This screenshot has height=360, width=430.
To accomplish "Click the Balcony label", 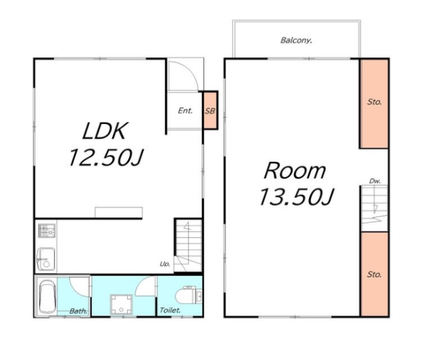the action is [296, 40].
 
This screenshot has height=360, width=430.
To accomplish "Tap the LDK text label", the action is [105, 131].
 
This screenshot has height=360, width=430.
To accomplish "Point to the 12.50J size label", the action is [106, 158].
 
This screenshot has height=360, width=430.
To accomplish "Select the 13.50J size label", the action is [296, 197].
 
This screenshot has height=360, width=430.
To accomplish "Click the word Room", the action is [295, 170].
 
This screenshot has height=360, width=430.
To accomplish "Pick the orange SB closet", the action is [210, 110].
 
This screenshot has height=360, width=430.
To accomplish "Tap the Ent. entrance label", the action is [185, 111].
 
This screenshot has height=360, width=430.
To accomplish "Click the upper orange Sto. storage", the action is [374, 104].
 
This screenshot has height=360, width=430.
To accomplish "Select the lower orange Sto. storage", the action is [374, 274].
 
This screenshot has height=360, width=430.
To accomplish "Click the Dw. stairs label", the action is [374, 181].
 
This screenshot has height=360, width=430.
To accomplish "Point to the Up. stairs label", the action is [165, 264].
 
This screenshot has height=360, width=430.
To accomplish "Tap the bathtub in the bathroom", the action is [47, 297].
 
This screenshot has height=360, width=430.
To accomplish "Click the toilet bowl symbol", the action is [186, 297].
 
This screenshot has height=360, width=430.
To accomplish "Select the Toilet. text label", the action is [170, 311].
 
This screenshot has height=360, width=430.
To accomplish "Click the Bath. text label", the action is [78, 311].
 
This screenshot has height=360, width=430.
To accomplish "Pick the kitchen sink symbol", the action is [46, 259].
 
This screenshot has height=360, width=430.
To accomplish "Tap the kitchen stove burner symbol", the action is [47, 231].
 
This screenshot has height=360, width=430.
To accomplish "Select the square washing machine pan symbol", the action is [121, 304].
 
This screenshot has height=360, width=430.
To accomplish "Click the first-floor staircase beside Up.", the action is [188, 245].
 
